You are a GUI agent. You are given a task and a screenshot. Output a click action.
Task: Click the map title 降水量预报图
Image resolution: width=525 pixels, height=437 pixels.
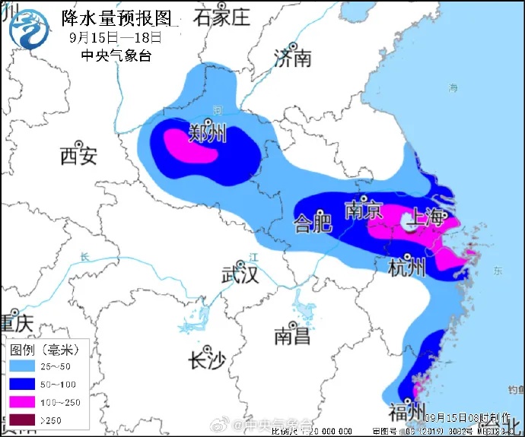[x=116, y=17]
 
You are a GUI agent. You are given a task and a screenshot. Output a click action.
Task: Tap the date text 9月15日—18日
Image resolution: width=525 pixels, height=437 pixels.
[x=115, y=36]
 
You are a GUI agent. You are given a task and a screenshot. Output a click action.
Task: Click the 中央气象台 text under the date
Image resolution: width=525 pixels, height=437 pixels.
[x=116, y=55]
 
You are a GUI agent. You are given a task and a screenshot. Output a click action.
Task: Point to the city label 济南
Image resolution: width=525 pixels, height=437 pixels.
[x=293, y=58]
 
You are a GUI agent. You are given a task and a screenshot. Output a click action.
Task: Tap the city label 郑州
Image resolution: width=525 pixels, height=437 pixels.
[x=208, y=134]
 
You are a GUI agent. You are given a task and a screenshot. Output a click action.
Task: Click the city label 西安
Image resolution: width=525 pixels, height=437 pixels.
[x=78, y=157]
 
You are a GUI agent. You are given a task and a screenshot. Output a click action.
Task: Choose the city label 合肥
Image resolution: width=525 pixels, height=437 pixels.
[x=313, y=223]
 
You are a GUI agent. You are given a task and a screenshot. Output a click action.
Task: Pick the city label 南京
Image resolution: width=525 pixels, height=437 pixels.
[x=363, y=210]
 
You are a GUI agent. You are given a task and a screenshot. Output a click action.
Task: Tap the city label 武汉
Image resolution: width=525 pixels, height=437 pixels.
[x=239, y=274]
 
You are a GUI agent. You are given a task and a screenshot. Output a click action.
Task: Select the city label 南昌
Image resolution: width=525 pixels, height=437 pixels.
[x=292, y=335]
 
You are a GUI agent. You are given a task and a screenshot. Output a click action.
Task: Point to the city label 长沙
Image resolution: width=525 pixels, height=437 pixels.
[x=207, y=360]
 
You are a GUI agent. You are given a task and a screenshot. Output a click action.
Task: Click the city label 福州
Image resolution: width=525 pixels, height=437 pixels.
[x=406, y=412]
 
